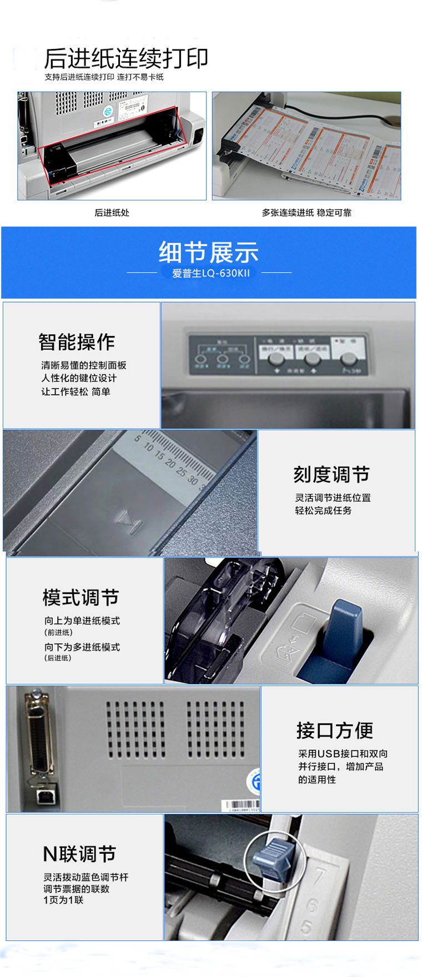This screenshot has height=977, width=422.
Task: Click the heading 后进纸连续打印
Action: (126, 58)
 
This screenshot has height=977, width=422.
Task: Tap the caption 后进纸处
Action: (112, 213)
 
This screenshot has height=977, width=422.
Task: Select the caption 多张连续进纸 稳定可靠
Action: (307, 213)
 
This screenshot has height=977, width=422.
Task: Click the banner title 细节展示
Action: (209, 253)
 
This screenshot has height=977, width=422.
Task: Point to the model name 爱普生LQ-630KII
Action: (210, 273)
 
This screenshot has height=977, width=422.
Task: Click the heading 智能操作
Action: (77, 342)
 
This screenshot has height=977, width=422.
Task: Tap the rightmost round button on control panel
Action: (348, 357)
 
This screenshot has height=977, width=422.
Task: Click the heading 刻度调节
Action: (331, 475)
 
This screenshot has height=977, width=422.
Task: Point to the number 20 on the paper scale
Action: (170, 462)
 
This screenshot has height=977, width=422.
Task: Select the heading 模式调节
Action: (81, 598)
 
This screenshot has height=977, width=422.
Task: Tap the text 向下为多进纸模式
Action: (82, 647)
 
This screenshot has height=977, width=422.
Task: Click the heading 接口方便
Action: (334, 731)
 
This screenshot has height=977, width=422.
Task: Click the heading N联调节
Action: (79, 854)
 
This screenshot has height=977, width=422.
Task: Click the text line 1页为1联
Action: (63, 900)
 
